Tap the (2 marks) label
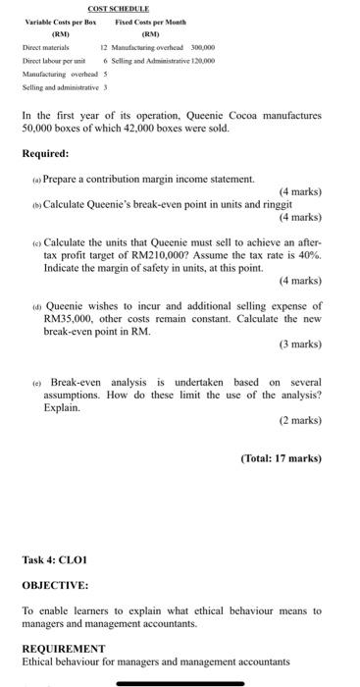click(299, 448)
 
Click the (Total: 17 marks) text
click(280, 486)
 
